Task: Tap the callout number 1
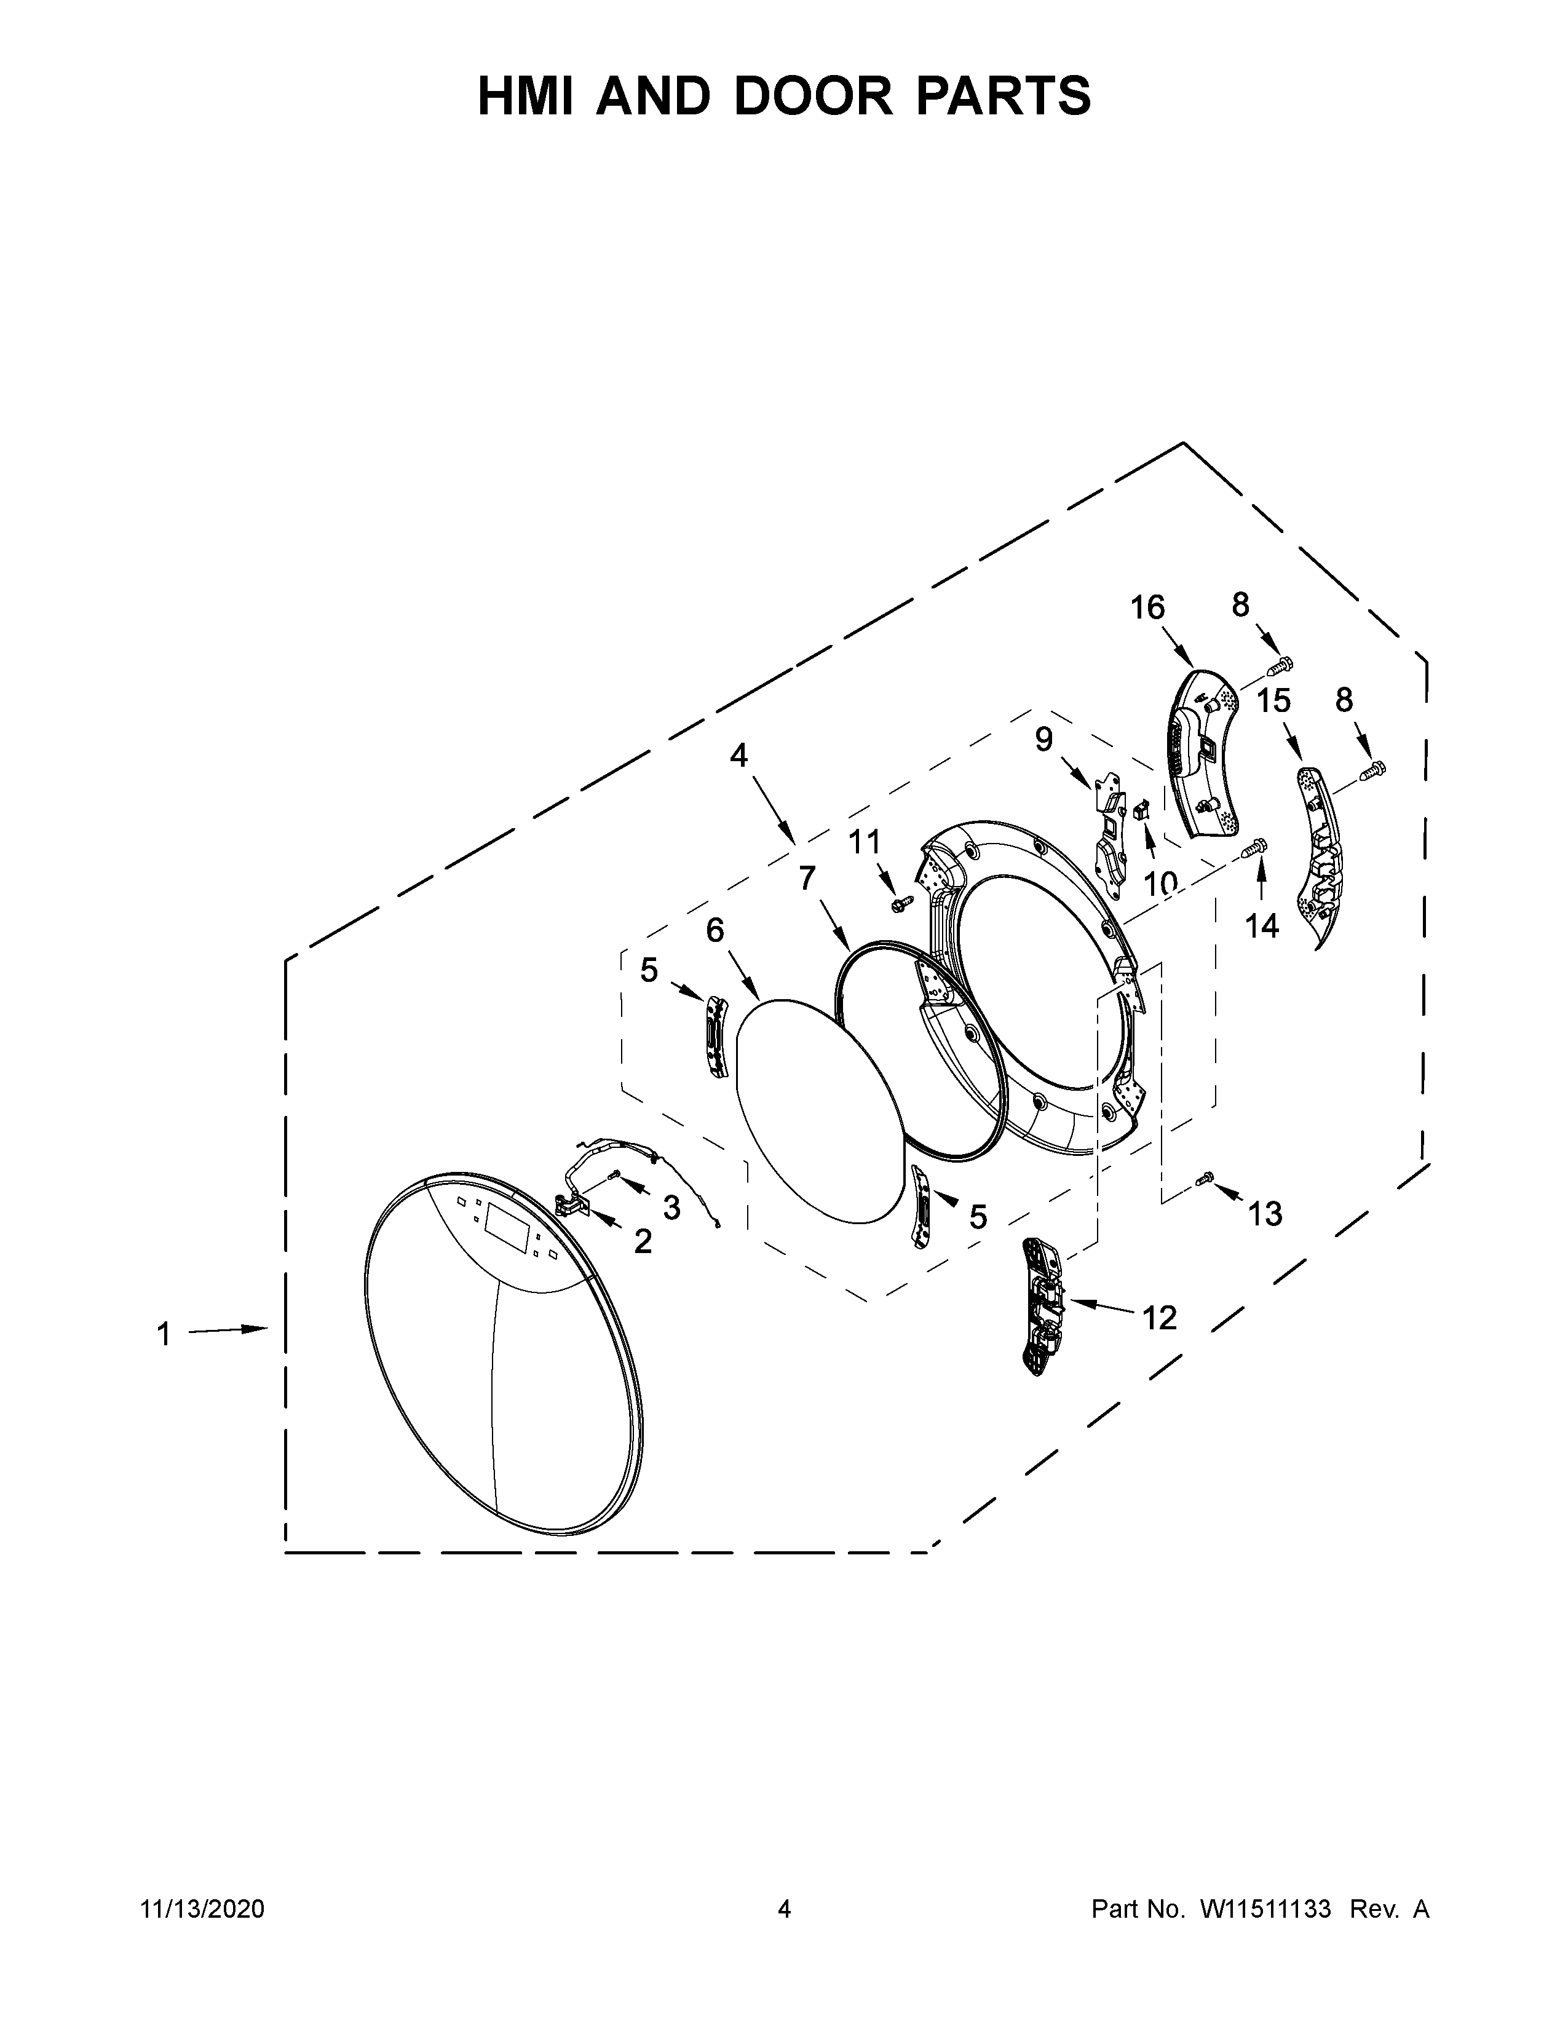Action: (x=164, y=1335)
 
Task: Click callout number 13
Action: (x=1264, y=1212)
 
